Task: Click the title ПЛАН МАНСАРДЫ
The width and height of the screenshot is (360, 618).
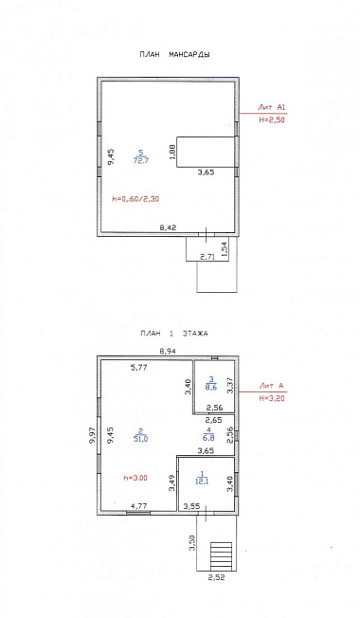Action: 174,55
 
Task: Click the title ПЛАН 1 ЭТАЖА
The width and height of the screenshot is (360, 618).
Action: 174,334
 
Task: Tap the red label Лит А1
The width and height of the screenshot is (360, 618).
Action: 271,107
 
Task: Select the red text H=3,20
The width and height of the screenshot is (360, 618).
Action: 271,398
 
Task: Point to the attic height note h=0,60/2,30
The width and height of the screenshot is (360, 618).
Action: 135,199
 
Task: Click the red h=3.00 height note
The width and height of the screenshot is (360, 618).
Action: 135,478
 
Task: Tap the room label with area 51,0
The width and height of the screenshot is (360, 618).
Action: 140,436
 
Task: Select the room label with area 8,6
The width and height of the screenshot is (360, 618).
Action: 211,383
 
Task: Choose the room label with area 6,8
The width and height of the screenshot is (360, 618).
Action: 208,433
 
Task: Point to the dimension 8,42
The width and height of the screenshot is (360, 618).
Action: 168,227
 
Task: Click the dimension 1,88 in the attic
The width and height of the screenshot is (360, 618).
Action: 171,152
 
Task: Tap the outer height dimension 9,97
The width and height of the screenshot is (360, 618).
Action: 93,435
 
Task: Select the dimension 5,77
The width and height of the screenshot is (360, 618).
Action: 139,368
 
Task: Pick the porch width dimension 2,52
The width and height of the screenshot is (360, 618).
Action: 216,578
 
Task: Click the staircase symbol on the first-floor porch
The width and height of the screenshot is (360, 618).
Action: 221,555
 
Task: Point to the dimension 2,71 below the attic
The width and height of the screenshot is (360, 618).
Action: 208,257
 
